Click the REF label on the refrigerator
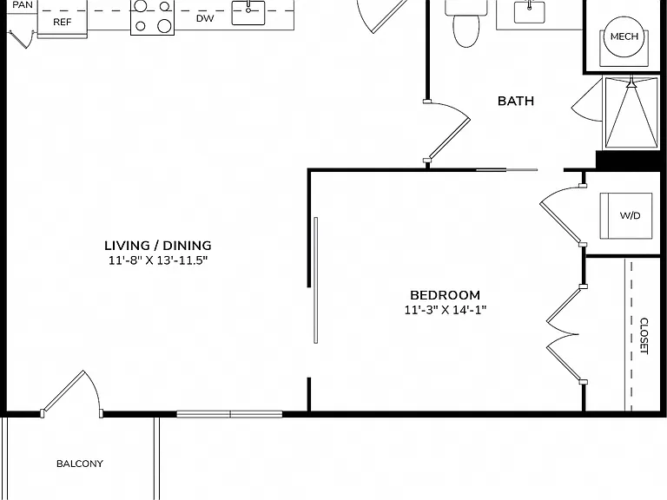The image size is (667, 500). pos(63,22)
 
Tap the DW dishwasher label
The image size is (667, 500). pos(205,18)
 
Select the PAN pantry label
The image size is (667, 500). pos(23,5)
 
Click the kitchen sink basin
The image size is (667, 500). pos(248,13)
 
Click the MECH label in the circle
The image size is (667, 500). pos(624,36)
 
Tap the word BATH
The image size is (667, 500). pos(516,101)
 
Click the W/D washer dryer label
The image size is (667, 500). pos(630,215)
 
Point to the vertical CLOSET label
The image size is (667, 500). pos(644,336)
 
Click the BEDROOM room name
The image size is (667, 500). pos(445,295)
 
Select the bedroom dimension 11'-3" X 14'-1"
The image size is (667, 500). pos(445,310)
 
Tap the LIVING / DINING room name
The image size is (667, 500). pos(158,246)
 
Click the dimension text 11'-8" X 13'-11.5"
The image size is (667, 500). pos(158,260)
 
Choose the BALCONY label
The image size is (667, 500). pos(80,464)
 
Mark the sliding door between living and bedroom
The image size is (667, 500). pos(315,280)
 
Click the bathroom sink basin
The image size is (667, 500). pos(529,12)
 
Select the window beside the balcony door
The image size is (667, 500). pos(229,414)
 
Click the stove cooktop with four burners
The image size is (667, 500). pos(152,17)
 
